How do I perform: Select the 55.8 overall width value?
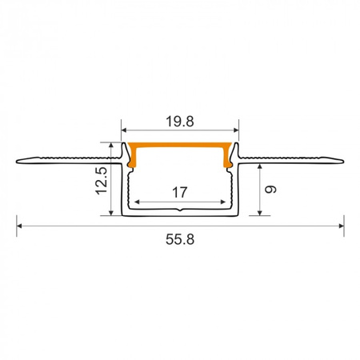click(x=180, y=238)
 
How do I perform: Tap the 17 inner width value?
click(x=180, y=192)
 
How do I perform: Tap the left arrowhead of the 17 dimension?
click(x=134, y=202)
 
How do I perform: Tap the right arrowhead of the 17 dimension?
click(x=226, y=202)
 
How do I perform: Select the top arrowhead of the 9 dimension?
click(x=260, y=165)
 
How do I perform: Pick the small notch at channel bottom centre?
click(x=180, y=211)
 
